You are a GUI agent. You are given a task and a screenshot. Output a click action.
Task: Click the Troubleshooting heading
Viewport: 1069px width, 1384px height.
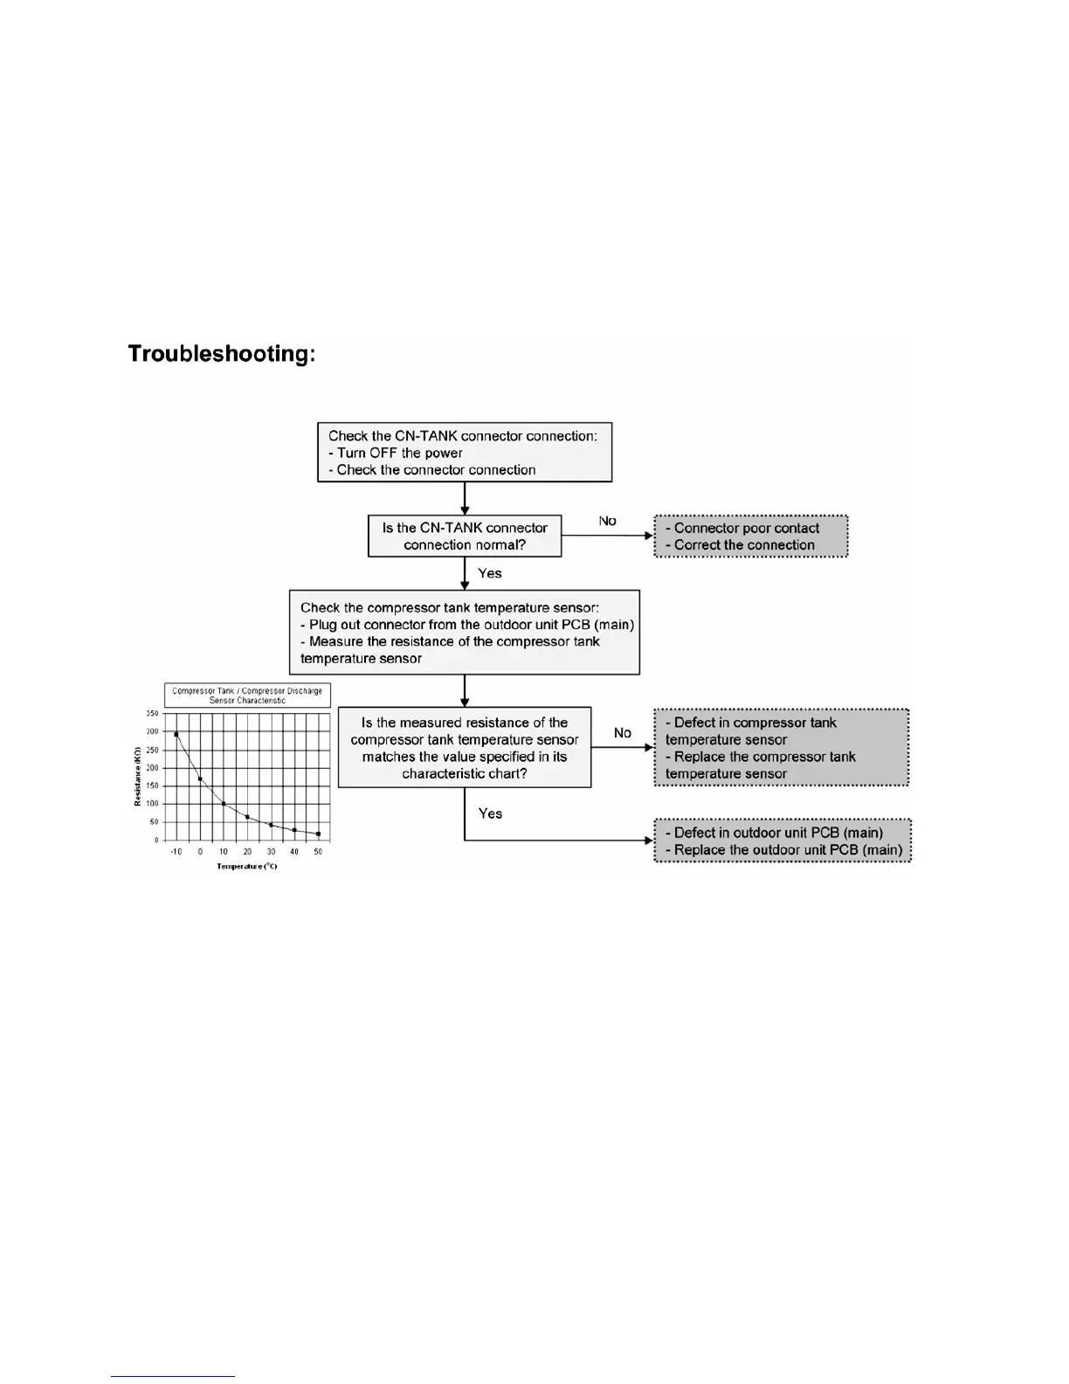pyautogui.click(x=221, y=354)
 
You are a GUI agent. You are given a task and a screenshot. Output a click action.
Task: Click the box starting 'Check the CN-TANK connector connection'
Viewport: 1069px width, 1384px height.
pyautogui.click(x=464, y=453)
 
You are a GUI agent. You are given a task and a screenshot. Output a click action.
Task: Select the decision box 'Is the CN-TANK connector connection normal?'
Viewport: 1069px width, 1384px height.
pyautogui.click(x=465, y=536)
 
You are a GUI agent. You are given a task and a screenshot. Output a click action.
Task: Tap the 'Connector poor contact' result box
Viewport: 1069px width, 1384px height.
pyautogui.click(x=750, y=536)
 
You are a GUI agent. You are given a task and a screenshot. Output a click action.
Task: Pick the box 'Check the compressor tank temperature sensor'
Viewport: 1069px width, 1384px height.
pyautogui.click(x=464, y=633)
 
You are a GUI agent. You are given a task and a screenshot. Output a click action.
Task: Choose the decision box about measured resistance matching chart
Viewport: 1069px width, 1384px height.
pyautogui.click(x=464, y=748)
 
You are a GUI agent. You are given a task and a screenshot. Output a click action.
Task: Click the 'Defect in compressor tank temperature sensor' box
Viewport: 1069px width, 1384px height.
pyautogui.click(x=781, y=748)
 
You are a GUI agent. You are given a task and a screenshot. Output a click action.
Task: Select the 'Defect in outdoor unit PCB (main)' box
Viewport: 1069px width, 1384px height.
pyautogui.click(x=783, y=841)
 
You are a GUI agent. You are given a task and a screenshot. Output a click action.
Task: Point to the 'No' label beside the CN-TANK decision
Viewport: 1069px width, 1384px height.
pyautogui.click(x=607, y=521)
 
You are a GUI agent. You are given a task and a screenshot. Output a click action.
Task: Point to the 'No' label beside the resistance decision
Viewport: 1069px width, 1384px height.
pyautogui.click(x=622, y=733)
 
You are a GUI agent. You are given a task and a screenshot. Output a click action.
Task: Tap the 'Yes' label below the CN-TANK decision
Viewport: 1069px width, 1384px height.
pyautogui.click(x=490, y=573)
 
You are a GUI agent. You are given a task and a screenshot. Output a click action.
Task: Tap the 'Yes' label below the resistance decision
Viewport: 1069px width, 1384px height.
pyautogui.click(x=490, y=813)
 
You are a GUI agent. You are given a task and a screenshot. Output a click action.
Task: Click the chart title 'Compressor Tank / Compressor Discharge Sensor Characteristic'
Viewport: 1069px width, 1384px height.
pyautogui.click(x=247, y=695)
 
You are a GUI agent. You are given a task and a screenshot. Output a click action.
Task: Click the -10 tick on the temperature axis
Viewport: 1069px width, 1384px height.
pyautogui.click(x=176, y=852)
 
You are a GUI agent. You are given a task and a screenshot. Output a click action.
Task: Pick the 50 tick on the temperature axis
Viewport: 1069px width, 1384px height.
pyautogui.click(x=318, y=852)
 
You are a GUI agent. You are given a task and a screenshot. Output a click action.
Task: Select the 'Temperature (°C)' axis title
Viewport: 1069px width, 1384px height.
pyautogui.click(x=247, y=866)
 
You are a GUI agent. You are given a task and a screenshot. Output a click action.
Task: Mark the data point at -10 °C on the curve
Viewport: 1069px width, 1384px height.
pyautogui.click(x=176, y=735)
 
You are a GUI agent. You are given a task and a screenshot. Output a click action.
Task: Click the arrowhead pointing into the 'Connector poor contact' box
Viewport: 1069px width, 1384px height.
pyautogui.click(x=649, y=536)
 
